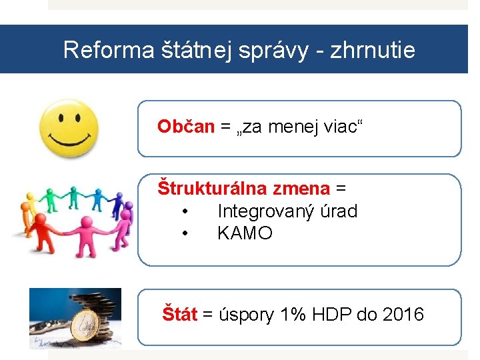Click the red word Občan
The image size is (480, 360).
185,126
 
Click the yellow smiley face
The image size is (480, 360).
69,127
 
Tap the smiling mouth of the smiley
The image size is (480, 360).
68,141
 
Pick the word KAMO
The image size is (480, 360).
245,233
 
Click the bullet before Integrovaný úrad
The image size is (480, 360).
185,211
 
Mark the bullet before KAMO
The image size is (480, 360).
185,233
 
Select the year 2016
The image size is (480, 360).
403,314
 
